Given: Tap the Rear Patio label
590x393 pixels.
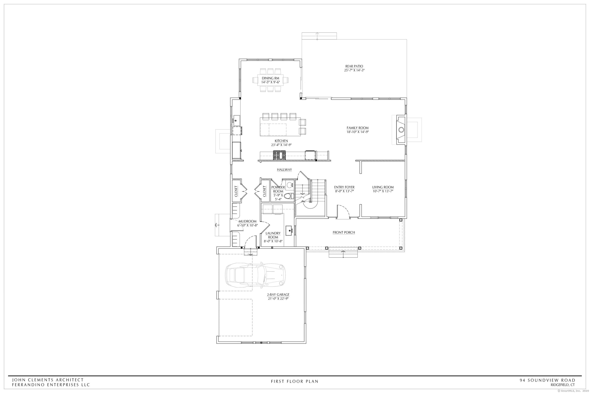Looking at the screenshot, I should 354,66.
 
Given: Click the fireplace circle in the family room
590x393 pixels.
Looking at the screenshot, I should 401,130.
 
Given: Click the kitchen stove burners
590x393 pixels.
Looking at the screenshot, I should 279,155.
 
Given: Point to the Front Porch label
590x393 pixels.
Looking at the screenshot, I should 344,232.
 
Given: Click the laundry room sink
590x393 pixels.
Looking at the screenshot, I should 289,230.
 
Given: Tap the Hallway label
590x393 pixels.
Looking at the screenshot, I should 284,170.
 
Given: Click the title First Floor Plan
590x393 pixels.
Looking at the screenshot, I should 294,381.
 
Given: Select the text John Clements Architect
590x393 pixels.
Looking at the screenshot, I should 48,380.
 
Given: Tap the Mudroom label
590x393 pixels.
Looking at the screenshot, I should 247,221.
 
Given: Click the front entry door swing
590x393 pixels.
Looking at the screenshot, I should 343,212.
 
